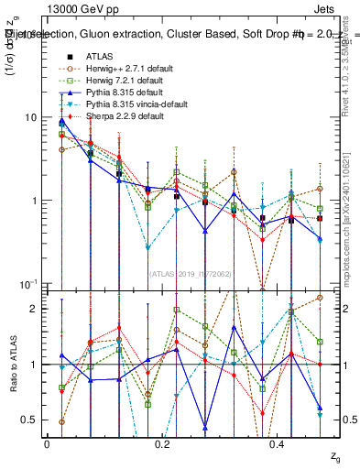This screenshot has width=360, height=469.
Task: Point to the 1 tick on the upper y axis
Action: click(x=34, y=201)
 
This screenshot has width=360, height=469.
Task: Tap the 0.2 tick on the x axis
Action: click(x=162, y=443)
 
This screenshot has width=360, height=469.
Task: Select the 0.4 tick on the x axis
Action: click(x=278, y=443)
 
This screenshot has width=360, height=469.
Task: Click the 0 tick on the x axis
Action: click(x=46, y=443)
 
